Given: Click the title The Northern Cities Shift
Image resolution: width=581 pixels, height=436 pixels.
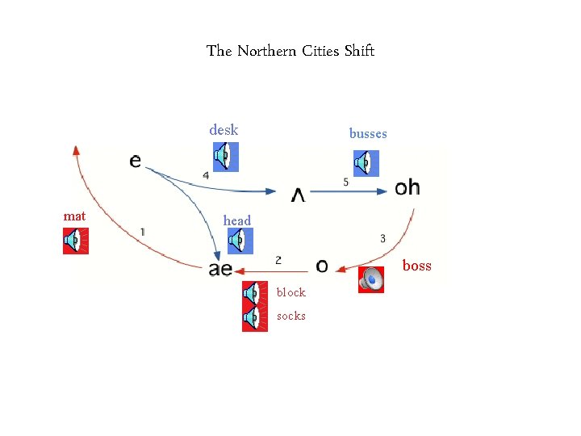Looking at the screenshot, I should (290, 51).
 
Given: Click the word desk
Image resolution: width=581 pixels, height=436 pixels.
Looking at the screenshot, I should (224, 129).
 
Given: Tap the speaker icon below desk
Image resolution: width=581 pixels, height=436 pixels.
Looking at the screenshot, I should (225, 157).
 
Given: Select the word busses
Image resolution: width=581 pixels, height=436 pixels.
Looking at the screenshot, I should (368, 133).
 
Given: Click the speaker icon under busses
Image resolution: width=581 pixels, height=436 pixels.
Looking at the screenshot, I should (366, 163).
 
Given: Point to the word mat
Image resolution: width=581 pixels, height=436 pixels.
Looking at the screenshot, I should (74, 216).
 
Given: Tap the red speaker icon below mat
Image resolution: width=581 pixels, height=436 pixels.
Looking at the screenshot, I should (76, 241).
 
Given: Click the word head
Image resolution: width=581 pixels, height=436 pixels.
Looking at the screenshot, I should (237, 220).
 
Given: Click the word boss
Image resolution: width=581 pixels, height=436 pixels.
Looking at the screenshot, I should (417, 266).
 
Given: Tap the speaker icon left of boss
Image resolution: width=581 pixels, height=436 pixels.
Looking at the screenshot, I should (371, 279).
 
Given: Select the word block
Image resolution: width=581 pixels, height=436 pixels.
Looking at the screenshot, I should (291, 292).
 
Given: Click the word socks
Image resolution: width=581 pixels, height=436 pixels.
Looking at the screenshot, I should (291, 316).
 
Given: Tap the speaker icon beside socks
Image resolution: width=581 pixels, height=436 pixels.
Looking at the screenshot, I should (255, 318).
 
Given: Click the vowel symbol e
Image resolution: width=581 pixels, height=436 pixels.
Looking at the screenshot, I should (135, 161).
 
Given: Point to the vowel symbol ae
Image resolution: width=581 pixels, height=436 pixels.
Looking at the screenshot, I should (220, 269).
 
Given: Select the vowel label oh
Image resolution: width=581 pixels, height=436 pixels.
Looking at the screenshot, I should (408, 188).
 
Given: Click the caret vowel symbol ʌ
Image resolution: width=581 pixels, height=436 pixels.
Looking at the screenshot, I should (298, 195).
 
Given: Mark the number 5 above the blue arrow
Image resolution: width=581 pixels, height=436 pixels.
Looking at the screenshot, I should (346, 182).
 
